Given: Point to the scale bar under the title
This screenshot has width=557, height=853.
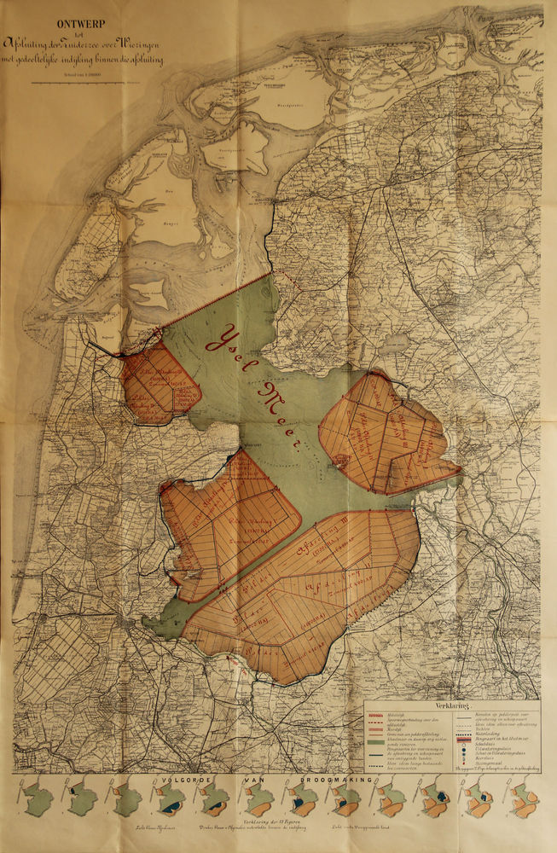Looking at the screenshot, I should click(84, 82).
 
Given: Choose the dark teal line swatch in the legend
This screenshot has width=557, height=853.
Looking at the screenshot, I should click(376, 756).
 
